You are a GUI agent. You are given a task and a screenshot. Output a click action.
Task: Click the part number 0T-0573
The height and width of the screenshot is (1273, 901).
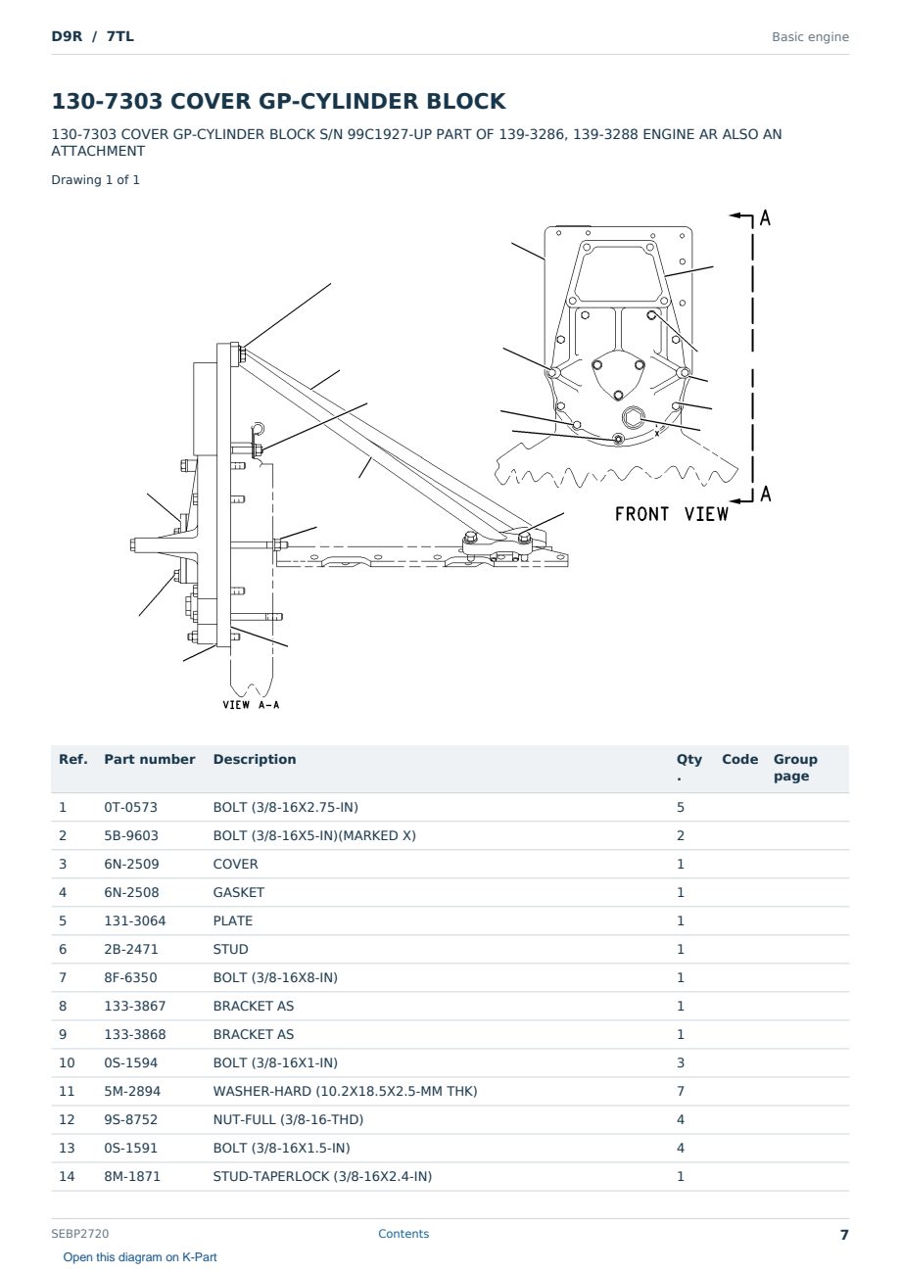131,807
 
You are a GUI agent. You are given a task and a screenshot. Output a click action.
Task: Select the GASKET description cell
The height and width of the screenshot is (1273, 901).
238,892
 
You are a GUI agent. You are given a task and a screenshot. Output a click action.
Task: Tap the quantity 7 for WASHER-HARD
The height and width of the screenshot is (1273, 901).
681,1091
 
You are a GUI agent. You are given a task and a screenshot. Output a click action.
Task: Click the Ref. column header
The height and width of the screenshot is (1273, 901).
73,759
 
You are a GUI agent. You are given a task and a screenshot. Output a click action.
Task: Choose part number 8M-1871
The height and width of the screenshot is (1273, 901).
132,1176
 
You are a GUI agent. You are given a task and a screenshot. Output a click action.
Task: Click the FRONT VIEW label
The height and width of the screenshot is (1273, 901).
672,514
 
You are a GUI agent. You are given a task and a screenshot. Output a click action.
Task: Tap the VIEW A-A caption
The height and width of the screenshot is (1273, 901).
251,705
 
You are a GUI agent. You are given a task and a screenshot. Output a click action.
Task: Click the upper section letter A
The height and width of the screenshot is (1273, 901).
765,217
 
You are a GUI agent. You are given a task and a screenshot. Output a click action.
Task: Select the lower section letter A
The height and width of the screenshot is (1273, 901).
766,494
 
